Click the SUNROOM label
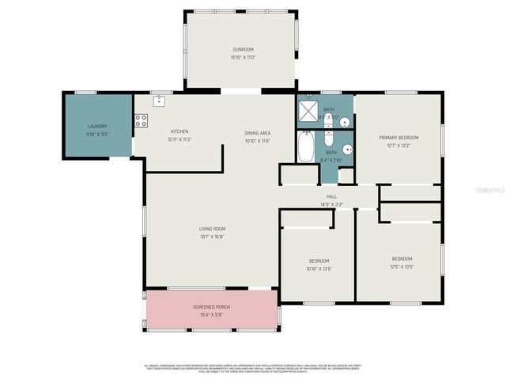243,49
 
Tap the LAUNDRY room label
97,126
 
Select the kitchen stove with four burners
142,120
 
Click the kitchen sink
159,101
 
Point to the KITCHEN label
179,131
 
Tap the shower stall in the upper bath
308,112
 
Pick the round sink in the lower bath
347,148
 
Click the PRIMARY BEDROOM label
398,138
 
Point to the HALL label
332,197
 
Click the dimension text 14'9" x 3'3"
332,204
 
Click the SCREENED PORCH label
211,306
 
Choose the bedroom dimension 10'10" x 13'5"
319,268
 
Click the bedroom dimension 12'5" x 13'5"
402,267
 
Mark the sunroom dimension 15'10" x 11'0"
243,56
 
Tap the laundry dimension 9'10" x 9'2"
97,134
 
